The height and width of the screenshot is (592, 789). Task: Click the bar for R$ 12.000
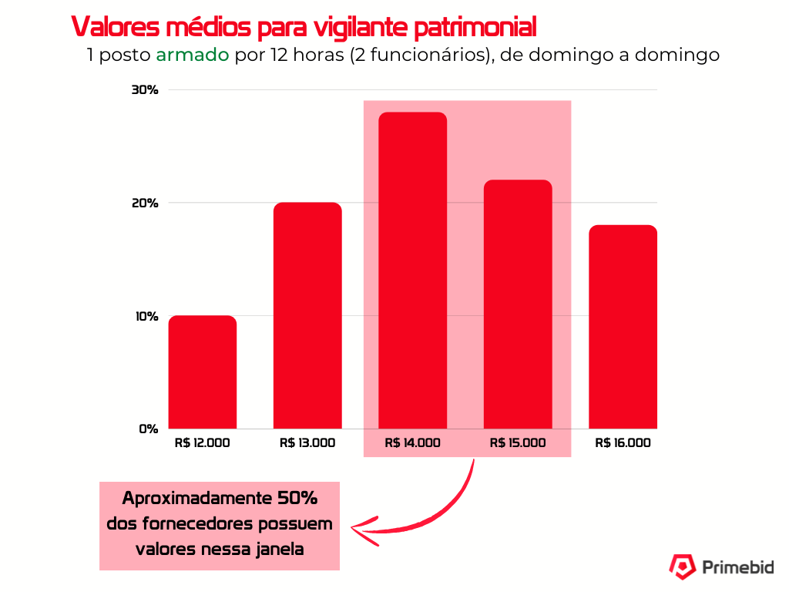(203, 372)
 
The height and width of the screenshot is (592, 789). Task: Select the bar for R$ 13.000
(307, 315)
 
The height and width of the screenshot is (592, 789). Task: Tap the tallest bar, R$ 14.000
(412, 271)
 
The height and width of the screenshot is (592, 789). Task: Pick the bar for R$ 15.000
(518, 304)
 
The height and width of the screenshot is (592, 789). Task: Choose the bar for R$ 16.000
(623, 327)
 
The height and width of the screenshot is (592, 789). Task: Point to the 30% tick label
(145, 90)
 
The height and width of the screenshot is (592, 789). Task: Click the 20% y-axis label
(145, 203)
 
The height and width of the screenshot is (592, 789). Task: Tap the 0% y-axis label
(148, 429)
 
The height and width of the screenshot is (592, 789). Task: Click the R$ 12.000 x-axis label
(203, 443)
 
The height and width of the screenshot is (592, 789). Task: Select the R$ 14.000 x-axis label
(412, 443)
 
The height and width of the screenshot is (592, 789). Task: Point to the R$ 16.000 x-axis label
(623, 443)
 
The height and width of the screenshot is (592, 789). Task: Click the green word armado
(193, 56)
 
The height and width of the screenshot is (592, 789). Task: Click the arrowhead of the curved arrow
(359, 529)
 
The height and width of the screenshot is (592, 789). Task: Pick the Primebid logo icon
(681, 567)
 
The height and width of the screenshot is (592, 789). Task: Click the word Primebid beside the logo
(738, 568)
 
